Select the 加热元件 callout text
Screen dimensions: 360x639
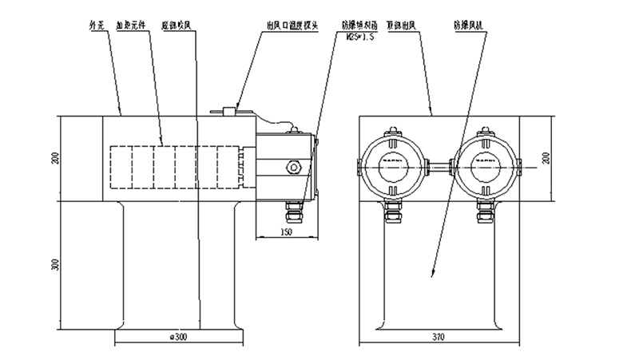[x=132, y=25]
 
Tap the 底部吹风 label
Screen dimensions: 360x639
[x=177, y=25]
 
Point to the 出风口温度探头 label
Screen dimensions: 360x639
[x=293, y=25]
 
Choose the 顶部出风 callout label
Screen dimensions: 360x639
[x=407, y=25]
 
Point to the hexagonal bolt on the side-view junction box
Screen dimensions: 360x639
[x=295, y=167]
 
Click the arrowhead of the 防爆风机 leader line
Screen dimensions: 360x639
[x=432, y=275]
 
